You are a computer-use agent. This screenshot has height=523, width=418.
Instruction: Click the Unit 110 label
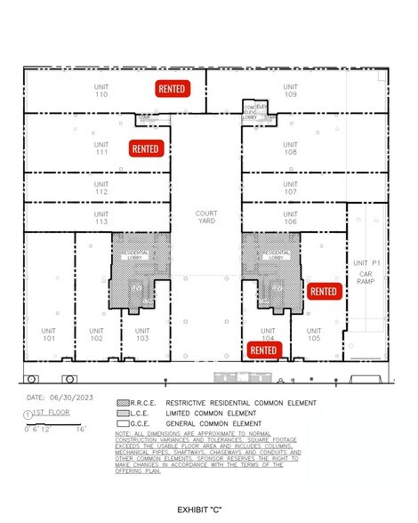(x=101, y=89)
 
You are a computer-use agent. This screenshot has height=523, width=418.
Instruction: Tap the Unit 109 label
(x=290, y=89)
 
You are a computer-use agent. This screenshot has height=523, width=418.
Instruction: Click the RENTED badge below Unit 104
(x=264, y=350)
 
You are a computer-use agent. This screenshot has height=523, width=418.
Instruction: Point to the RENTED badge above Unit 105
(x=324, y=291)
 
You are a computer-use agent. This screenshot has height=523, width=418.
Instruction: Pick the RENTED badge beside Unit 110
(x=173, y=89)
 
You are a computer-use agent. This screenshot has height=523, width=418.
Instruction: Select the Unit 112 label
(x=101, y=188)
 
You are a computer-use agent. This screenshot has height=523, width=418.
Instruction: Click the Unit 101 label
(x=49, y=334)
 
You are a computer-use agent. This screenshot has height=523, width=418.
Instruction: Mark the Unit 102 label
(x=96, y=334)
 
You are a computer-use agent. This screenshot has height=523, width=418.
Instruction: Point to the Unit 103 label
(x=141, y=334)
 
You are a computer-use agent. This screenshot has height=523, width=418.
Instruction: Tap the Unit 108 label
(x=290, y=148)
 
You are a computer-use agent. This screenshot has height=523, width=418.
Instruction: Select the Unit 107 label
(x=290, y=188)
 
